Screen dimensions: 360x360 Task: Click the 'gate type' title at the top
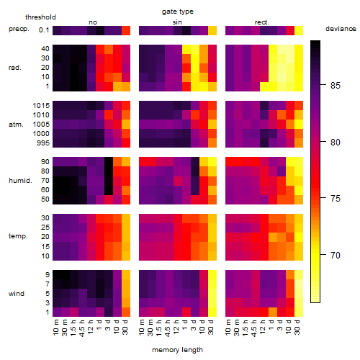click(x=178, y=12)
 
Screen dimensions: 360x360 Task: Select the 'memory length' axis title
click(x=177, y=350)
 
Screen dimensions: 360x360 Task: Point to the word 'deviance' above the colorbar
click(x=341, y=29)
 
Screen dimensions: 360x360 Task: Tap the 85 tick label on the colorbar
click(x=336, y=86)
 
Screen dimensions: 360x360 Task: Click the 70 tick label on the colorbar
click(x=336, y=255)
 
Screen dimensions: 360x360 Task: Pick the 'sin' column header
click(x=177, y=22)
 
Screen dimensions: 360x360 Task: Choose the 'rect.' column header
click(x=262, y=22)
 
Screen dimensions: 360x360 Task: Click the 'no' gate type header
click(x=93, y=22)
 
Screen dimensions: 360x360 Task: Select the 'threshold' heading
click(x=40, y=17)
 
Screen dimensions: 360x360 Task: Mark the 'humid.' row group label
click(x=20, y=181)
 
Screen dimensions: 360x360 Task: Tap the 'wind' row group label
click(x=17, y=294)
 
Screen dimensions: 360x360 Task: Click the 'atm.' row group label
click(x=16, y=125)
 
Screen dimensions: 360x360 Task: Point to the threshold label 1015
click(x=41, y=106)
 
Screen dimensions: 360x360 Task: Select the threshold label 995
click(x=43, y=143)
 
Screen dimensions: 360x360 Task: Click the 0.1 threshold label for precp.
click(x=44, y=30)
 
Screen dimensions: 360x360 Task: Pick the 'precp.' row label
click(x=19, y=29)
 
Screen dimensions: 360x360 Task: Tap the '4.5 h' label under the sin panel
click(x=167, y=328)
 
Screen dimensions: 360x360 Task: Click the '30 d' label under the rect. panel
click(x=297, y=327)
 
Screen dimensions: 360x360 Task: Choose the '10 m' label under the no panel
click(x=55, y=328)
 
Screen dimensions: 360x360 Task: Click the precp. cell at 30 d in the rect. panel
click(x=299, y=30)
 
